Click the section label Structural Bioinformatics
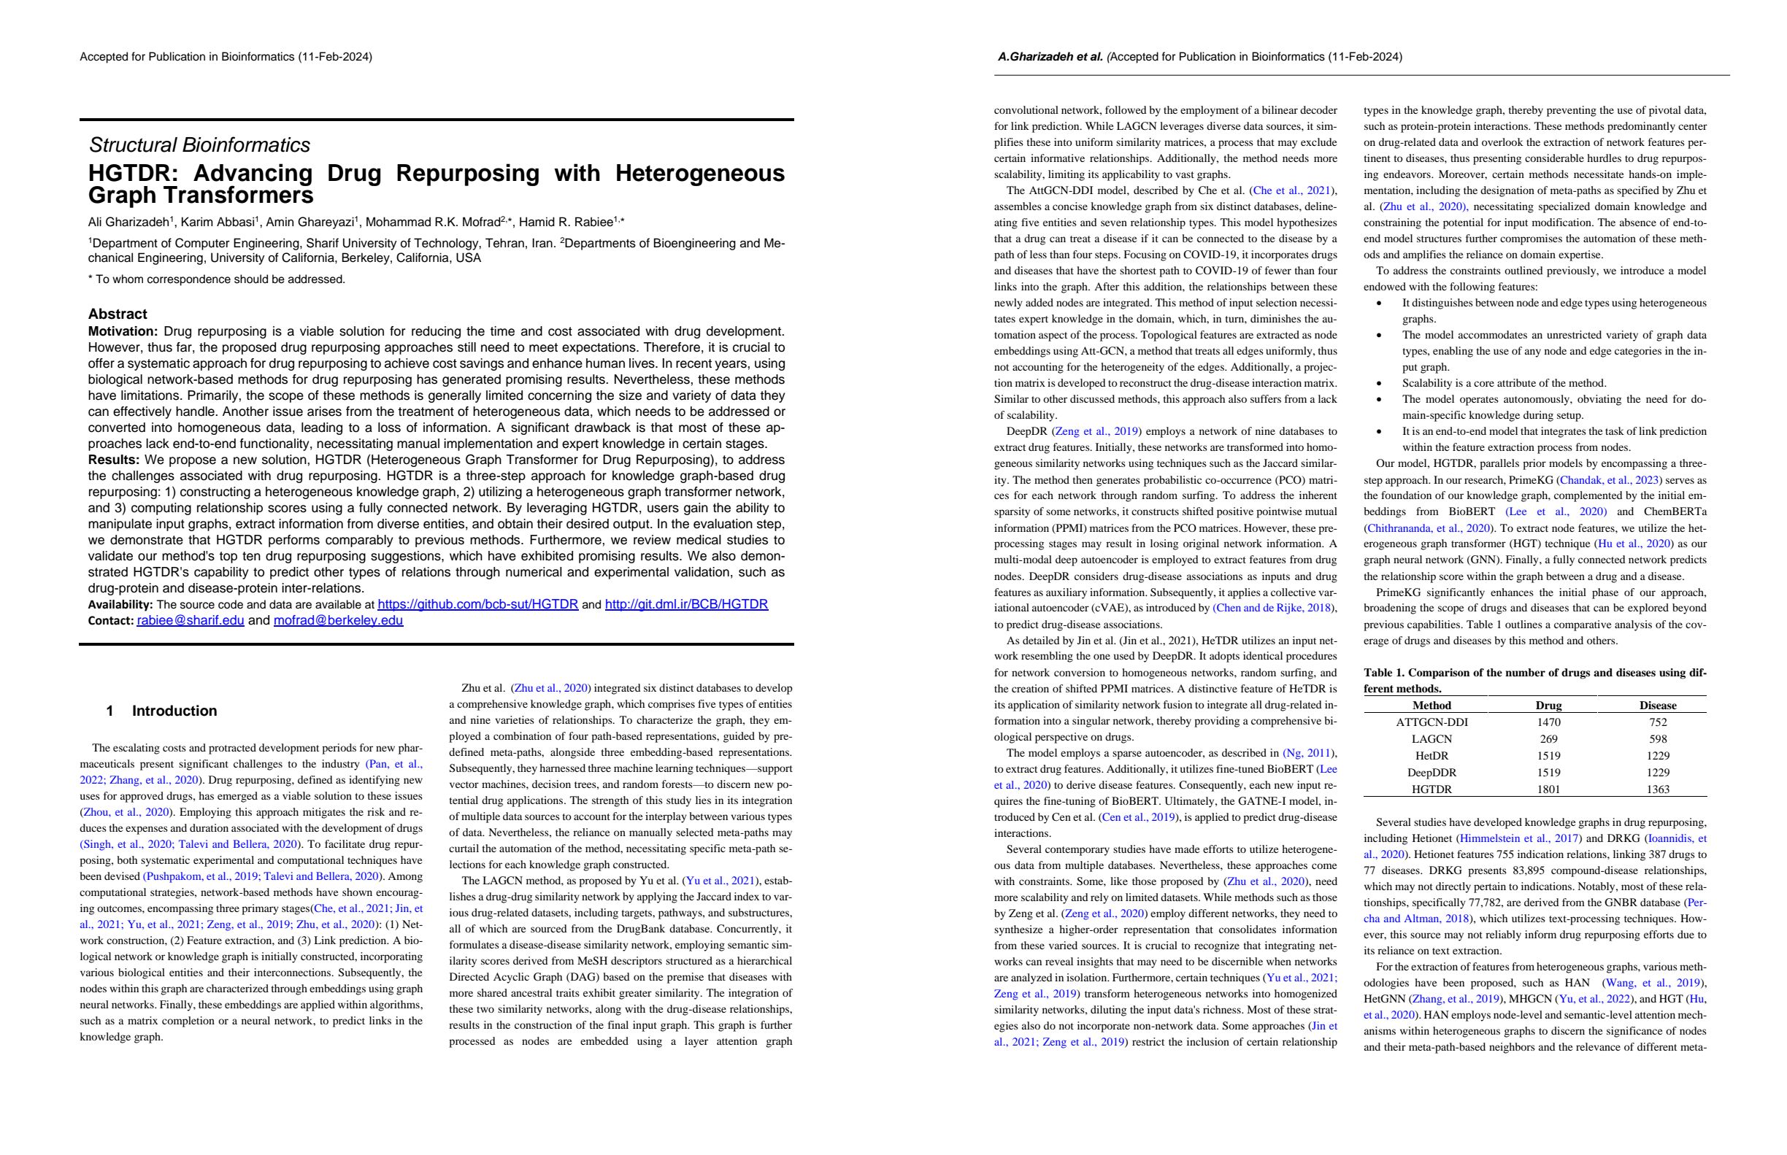[x=199, y=145]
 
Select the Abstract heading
[x=118, y=314]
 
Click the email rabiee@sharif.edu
[x=191, y=620]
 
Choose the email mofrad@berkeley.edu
[x=338, y=620]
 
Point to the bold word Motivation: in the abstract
[x=123, y=331]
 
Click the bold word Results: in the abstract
[x=114, y=460]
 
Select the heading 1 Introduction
[x=161, y=711]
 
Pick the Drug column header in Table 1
[x=1548, y=706]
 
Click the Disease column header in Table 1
[x=1658, y=706]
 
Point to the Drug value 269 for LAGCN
[x=1548, y=739]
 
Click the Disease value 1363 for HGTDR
[x=1658, y=789]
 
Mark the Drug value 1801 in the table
[x=1548, y=789]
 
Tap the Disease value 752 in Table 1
[x=1658, y=722]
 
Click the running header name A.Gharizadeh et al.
[x=1050, y=57]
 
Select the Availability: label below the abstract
[x=120, y=605]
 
